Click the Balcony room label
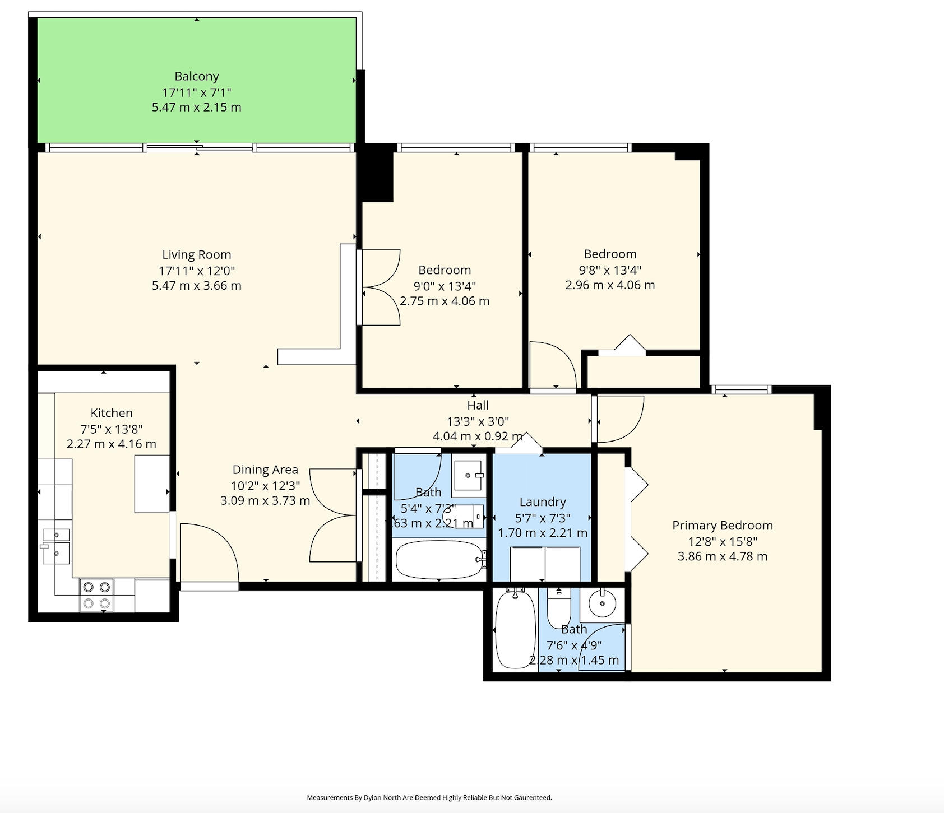(x=197, y=76)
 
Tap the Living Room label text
(x=197, y=255)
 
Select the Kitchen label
(x=112, y=413)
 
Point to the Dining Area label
(x=265, y=470)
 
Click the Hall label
(x=478, y=405)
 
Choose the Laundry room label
(x=543, y=502)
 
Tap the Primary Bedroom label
(x=723, y=526)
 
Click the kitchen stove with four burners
(x=96, y=595)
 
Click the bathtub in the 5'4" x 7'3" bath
(x=439, y=559)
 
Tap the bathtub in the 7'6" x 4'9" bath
(x=516, y=629)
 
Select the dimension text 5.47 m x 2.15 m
(x=197, y=107)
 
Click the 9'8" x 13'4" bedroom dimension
(x=610, y=270)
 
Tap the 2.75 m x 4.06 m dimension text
(x=445, y=301)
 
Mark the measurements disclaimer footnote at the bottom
(x=429, y=797)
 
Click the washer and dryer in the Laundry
(x=545, y=564)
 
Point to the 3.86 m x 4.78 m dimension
(x=723, y=556)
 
